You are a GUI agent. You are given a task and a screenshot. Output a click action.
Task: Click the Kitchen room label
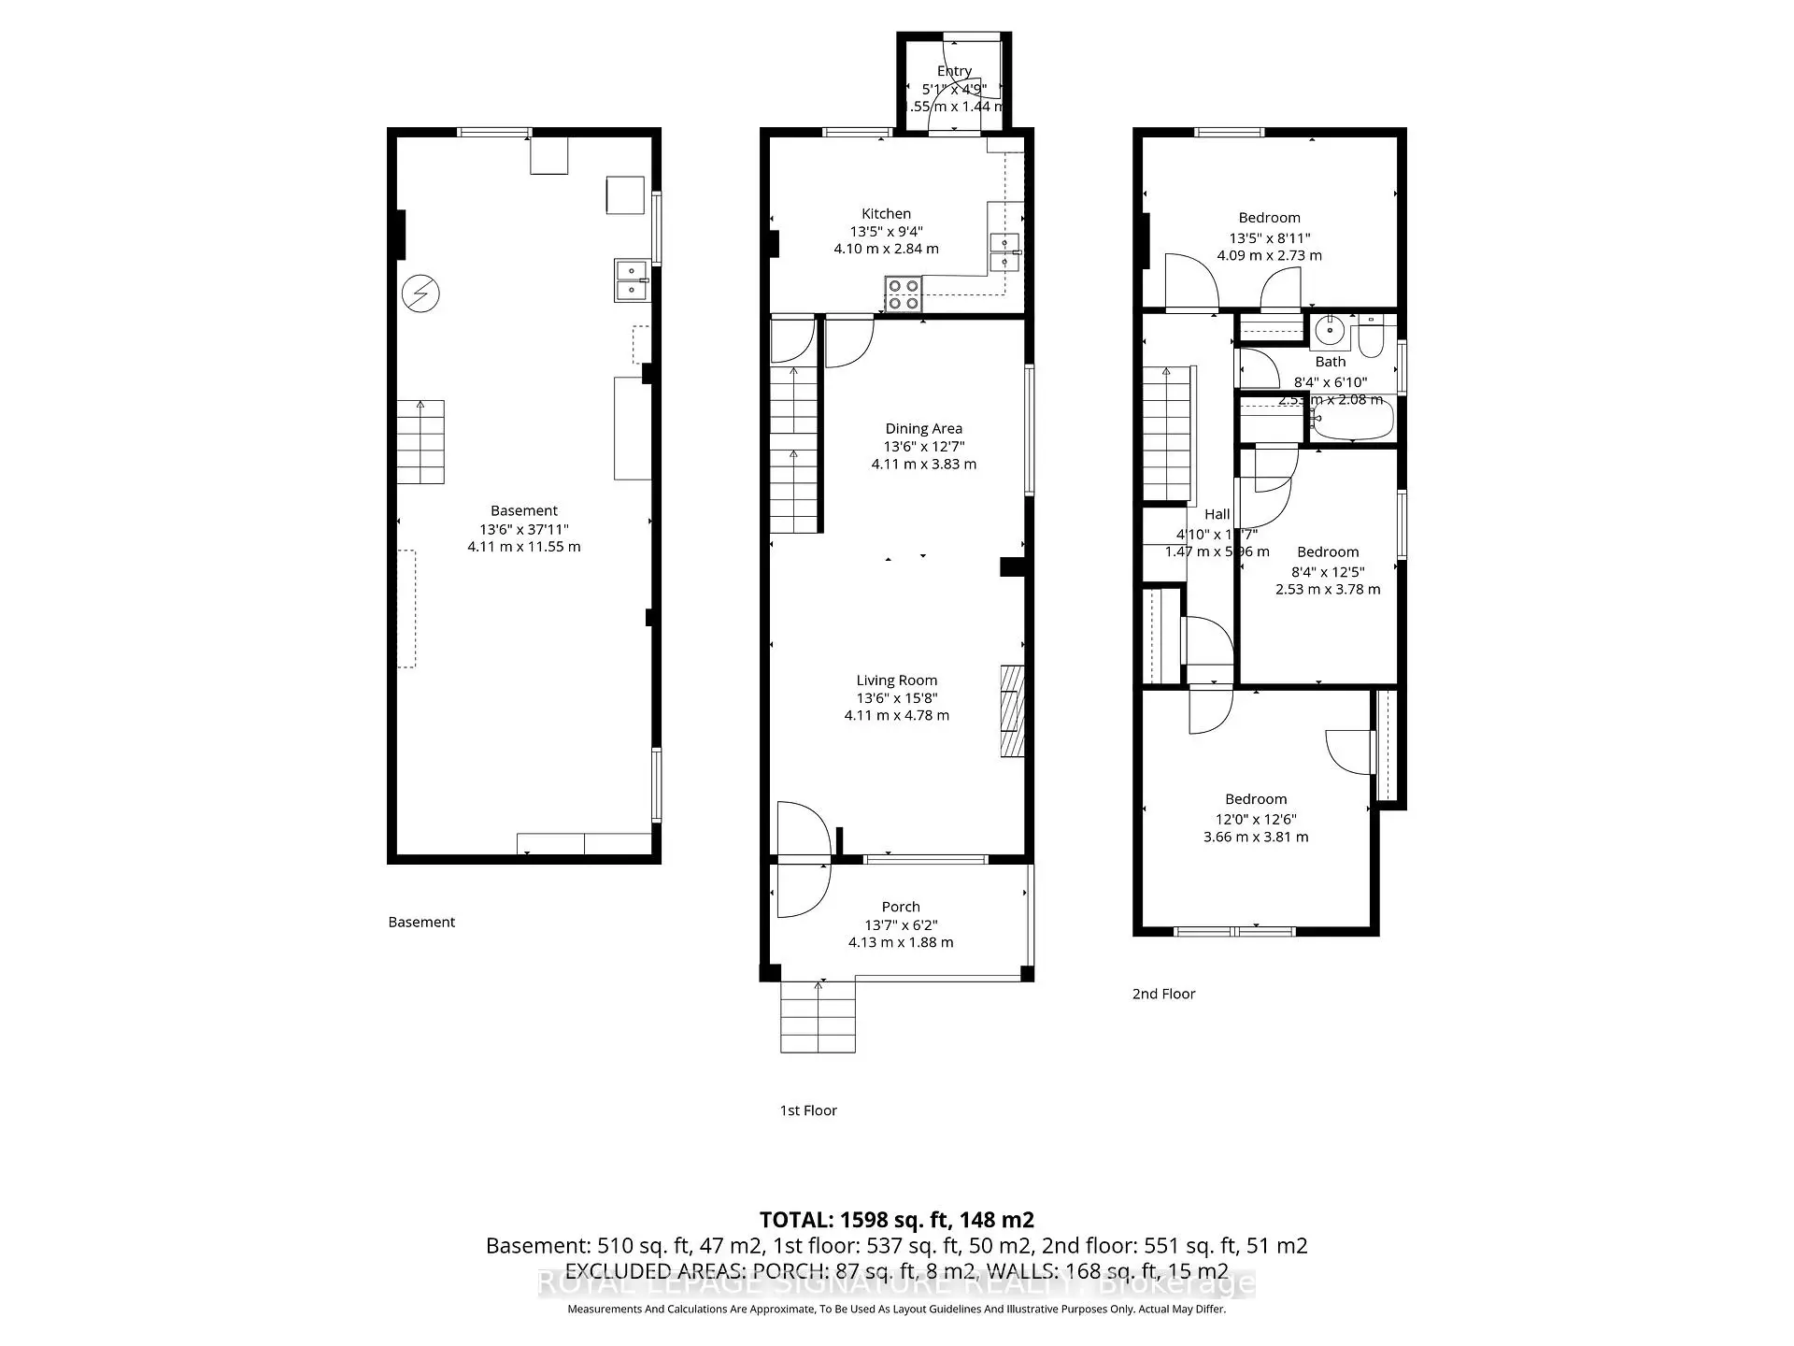pos(886,214)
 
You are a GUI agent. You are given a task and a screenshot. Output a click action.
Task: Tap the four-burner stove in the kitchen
pos(904,294)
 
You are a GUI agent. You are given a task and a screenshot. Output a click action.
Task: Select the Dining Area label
pos(923,429)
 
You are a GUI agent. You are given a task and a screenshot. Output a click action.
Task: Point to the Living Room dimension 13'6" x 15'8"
pos(896,698)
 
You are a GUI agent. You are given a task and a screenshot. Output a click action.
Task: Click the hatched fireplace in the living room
pos(1012,710)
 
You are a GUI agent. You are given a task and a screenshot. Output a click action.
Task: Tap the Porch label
pos(900,907)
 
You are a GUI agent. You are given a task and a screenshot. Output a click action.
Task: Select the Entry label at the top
pos(954,71)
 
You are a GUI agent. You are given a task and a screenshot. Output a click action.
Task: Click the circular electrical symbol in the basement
pos(420,294)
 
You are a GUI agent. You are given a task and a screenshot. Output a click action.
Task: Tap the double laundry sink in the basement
pos(632,279)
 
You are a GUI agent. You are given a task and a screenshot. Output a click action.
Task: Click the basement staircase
pos(420,442)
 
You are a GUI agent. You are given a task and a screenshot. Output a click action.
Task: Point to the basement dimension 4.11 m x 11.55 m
pos(523,547)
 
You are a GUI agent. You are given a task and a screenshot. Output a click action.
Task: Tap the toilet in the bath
pos(1371,338)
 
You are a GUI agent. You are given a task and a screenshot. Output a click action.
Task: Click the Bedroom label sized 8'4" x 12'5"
pos(1327,552)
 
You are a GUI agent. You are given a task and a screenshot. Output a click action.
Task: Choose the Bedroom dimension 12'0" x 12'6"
pos(1255,819)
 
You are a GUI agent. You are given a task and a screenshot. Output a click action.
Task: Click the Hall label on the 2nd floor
pos(1217,514)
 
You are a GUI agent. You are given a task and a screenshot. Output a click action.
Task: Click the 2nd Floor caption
pos(1163,994)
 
